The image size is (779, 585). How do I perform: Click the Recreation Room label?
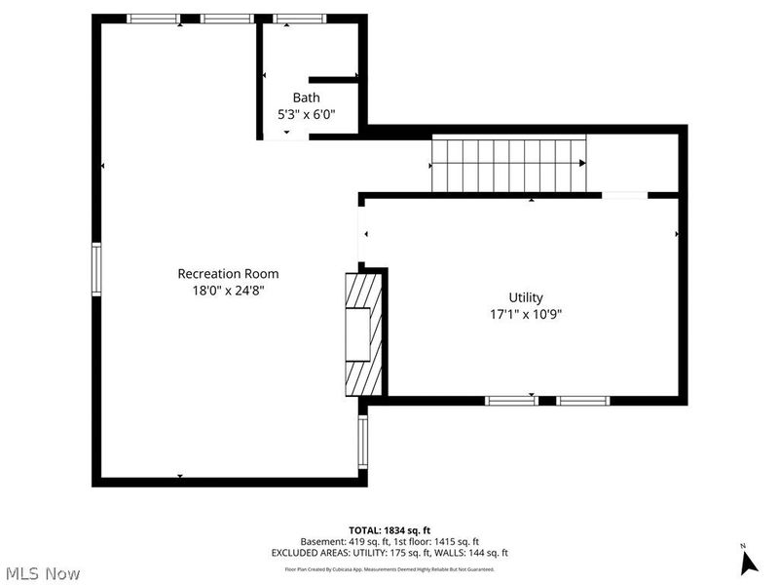228,274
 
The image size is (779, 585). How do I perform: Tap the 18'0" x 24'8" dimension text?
228,290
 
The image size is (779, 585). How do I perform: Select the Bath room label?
306,97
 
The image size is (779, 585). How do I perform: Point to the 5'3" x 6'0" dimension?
306,114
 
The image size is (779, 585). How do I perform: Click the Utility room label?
526,297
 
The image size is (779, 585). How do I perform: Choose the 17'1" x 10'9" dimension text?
526,314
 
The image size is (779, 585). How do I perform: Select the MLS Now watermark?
42,573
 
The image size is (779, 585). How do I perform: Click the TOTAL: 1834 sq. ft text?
389,529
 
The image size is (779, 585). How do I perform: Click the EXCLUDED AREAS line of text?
389,553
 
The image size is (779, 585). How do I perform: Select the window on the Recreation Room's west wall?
96,269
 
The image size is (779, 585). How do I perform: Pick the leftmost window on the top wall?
153,18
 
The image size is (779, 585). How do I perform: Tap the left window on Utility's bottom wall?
511,400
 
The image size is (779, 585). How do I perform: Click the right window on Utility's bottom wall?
583,400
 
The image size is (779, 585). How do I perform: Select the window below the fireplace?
362,442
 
